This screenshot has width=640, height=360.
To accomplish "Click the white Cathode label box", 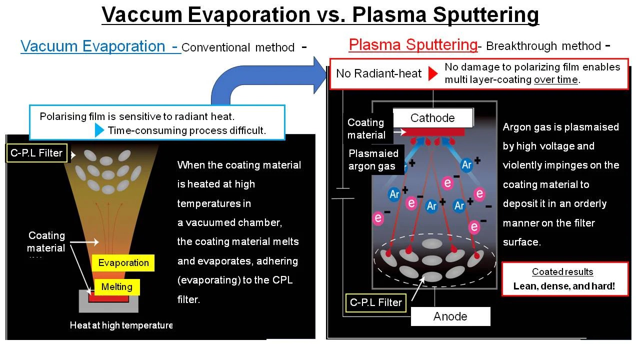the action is [433, 117].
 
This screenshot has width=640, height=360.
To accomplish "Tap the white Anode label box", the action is [450, 316].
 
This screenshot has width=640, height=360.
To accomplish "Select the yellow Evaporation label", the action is [123, 263].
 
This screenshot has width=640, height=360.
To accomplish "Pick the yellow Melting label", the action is [117, 287].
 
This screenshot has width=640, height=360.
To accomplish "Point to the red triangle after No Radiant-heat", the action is [433, 73].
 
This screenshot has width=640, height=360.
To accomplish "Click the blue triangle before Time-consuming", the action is [99, 130].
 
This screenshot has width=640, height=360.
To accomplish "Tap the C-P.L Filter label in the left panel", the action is [36, 153].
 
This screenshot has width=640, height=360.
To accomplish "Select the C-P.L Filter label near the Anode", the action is [375, 302].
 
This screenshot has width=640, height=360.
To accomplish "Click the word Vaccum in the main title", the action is [142, 14].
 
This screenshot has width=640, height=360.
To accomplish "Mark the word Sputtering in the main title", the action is [485, 15].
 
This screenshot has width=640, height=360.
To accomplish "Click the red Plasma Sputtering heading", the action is [413, 45].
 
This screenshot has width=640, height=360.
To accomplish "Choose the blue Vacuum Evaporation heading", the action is [93, 46].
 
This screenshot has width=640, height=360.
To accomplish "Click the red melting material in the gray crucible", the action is [108, 298].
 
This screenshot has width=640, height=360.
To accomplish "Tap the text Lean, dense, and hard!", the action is [564, 286].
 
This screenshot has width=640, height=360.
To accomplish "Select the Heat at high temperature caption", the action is [121, 325].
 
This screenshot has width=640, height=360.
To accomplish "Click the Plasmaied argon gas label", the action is [373, 159].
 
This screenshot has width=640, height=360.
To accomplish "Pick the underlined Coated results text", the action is [562, 271].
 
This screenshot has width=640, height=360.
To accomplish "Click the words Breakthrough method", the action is [543, 46].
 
